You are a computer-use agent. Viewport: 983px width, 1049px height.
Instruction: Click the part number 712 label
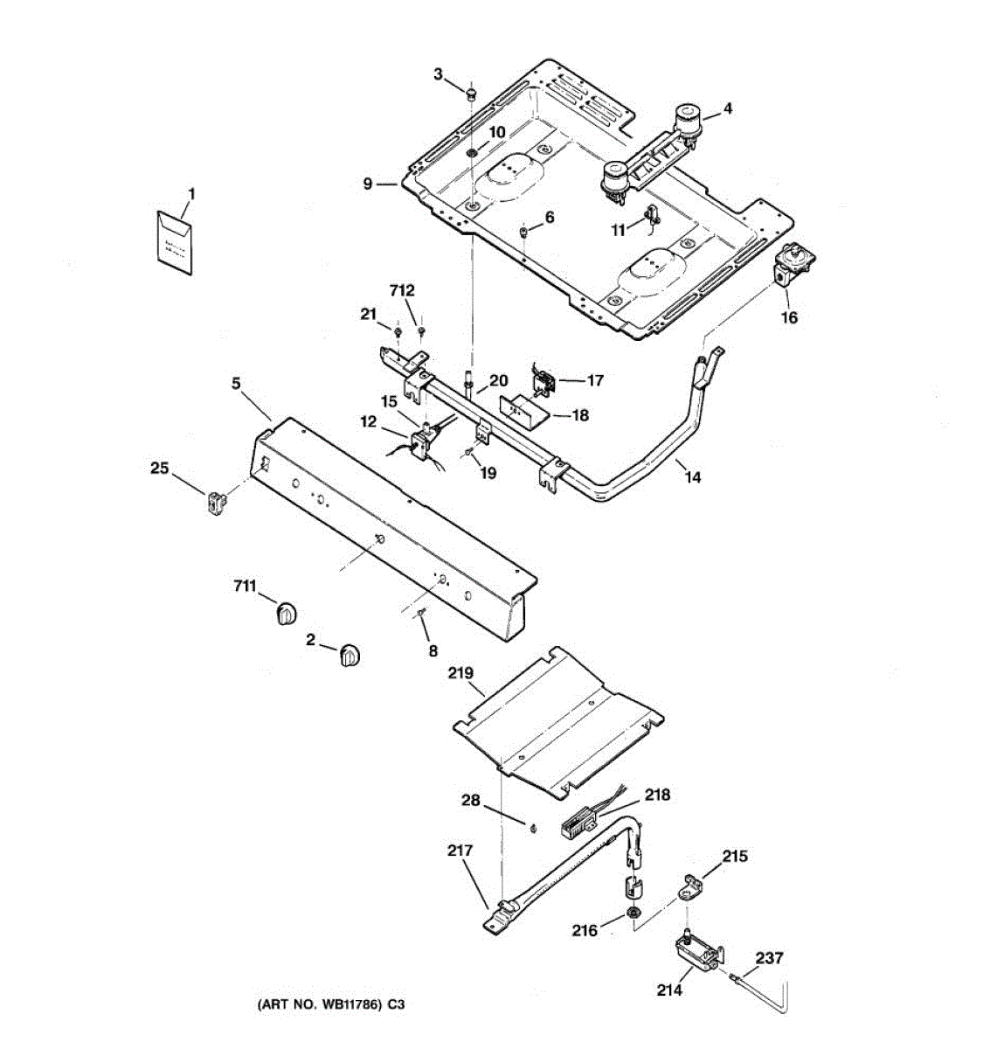(x=402, y=290)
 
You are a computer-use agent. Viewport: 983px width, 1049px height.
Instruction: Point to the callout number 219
(x=460, y=673)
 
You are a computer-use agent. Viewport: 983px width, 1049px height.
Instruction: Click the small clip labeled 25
(x=216, y=503)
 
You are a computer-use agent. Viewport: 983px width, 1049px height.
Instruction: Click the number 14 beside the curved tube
(x=693, y=477)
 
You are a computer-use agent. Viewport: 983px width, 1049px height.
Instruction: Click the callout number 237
(x=769, y=958)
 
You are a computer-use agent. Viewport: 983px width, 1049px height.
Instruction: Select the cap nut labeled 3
(x=470, y=92)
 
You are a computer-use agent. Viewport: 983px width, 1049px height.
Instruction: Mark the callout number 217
(x=460, y=850)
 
